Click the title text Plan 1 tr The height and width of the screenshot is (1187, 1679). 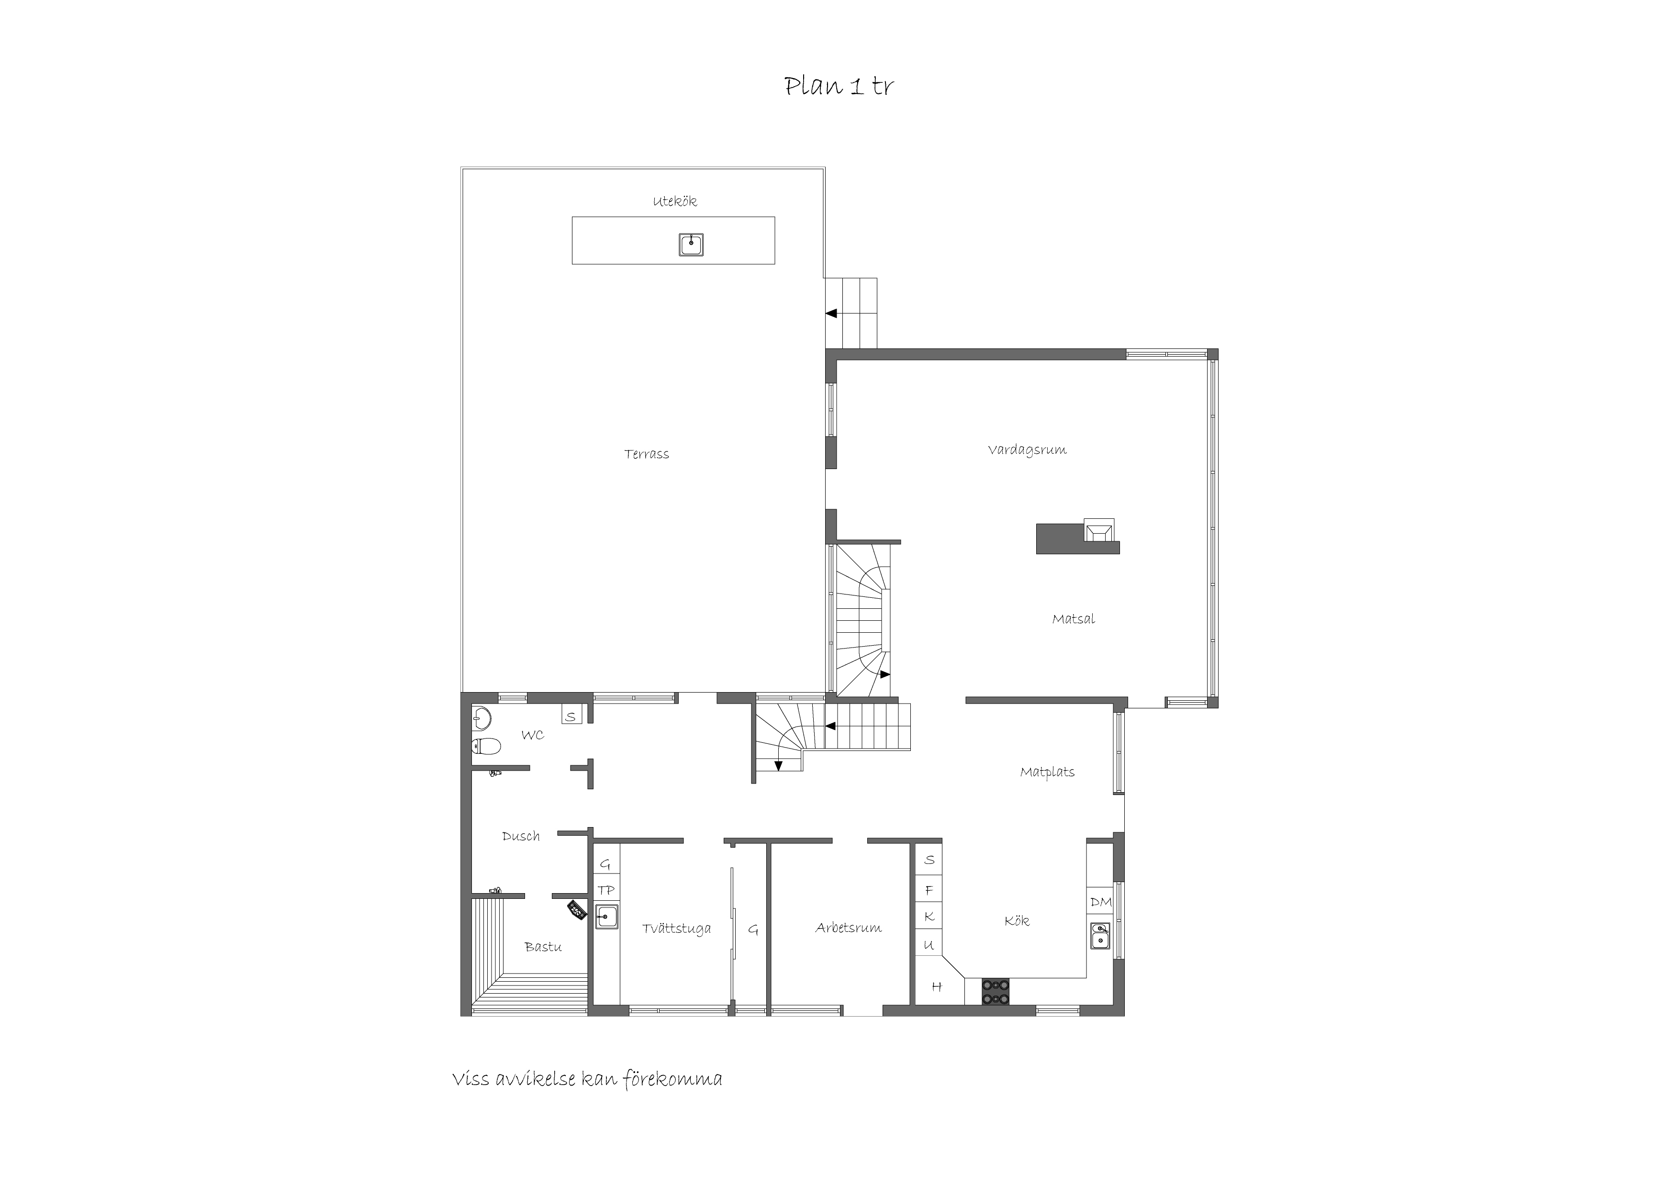(839, 86)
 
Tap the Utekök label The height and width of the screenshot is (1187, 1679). (674, 201)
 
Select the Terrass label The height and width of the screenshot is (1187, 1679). (647, 454)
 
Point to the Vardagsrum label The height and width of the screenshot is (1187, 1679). (1027, 450)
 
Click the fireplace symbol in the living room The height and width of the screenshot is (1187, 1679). (1099, 529)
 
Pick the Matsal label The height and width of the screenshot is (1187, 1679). (1073, 619)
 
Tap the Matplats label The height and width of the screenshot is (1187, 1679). (1047, 773)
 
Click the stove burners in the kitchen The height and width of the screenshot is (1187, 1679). (995, 992)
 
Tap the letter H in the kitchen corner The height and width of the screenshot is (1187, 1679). (936, 986)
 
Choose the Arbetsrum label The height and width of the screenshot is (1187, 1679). (848, 928)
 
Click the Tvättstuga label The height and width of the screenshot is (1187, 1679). (676, 929)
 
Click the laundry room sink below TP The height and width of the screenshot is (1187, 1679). (606, 917)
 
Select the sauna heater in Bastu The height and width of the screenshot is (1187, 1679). (578, 909)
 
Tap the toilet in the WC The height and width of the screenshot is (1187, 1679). (486, 747)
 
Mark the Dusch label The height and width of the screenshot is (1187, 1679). (521, 836)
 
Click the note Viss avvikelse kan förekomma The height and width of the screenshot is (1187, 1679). (587, 1079)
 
